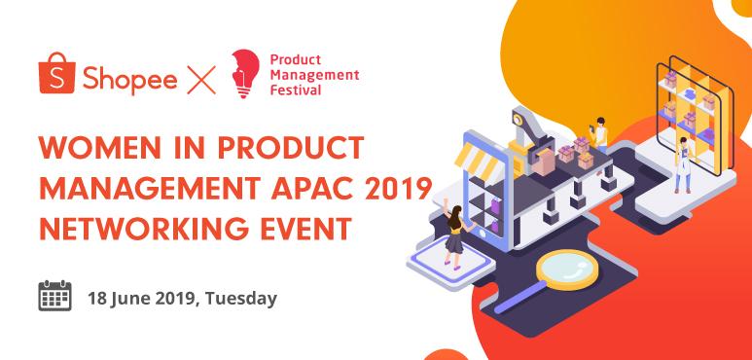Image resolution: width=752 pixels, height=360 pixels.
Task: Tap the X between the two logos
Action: (x=201, y=77)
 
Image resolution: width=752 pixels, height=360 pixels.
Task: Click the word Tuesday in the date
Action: (x=239, y=298)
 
